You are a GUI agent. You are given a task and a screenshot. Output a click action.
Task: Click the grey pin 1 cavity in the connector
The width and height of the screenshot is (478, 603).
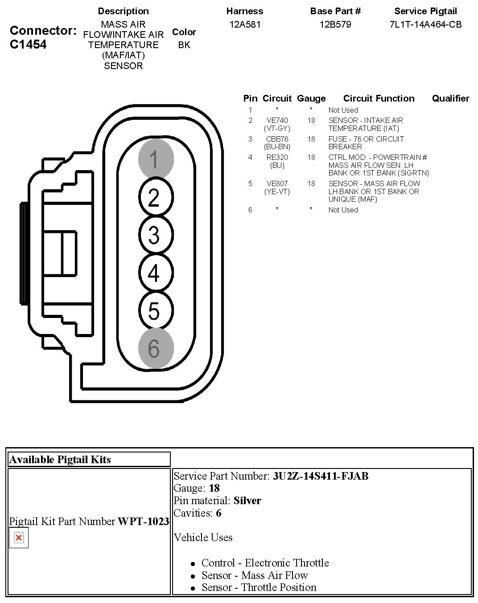(156, 159)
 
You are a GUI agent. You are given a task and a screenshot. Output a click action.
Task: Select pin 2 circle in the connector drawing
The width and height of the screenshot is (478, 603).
(156, 197)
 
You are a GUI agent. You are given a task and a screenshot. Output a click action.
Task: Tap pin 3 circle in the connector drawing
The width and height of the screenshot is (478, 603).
(156, 235)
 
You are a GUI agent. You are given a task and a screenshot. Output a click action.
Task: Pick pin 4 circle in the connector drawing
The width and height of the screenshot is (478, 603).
(156, 273)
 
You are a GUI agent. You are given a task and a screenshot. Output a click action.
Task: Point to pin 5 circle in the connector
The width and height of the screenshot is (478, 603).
(156, 311)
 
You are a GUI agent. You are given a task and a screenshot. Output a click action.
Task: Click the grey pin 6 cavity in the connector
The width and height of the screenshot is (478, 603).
(156, 348)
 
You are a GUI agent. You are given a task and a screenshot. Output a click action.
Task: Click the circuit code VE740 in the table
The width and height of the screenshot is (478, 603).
(277, 121)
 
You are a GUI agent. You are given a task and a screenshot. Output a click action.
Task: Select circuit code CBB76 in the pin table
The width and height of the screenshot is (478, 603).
(277, 139)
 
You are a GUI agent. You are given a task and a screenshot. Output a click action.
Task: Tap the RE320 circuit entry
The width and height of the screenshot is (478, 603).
(277, 157)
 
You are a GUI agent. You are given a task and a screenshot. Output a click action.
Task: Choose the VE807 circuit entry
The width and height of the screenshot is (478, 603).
(277, 183)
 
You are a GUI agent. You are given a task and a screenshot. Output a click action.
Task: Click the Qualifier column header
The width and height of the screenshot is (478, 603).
(450, 98)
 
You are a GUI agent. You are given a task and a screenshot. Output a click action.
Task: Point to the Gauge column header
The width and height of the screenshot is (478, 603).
(311, 98)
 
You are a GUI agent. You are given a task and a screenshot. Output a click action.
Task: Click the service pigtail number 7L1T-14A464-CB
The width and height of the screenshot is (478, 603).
(425, 24)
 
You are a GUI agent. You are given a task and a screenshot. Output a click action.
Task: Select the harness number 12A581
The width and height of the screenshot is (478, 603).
(245, 24)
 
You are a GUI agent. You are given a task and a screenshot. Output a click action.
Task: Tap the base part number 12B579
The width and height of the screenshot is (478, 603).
(335, 24)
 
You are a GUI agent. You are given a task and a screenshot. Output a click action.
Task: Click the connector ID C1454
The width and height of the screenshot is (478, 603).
(28, 45)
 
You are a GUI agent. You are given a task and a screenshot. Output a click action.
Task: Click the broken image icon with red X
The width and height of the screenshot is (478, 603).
(19, 538)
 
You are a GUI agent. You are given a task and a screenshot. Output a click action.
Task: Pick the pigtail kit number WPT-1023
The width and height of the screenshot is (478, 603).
(143, 522)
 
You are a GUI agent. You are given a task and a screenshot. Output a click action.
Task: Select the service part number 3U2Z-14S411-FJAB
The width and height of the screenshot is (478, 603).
(321, 476)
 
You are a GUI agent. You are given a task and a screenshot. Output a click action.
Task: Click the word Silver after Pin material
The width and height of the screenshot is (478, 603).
(247, 501)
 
